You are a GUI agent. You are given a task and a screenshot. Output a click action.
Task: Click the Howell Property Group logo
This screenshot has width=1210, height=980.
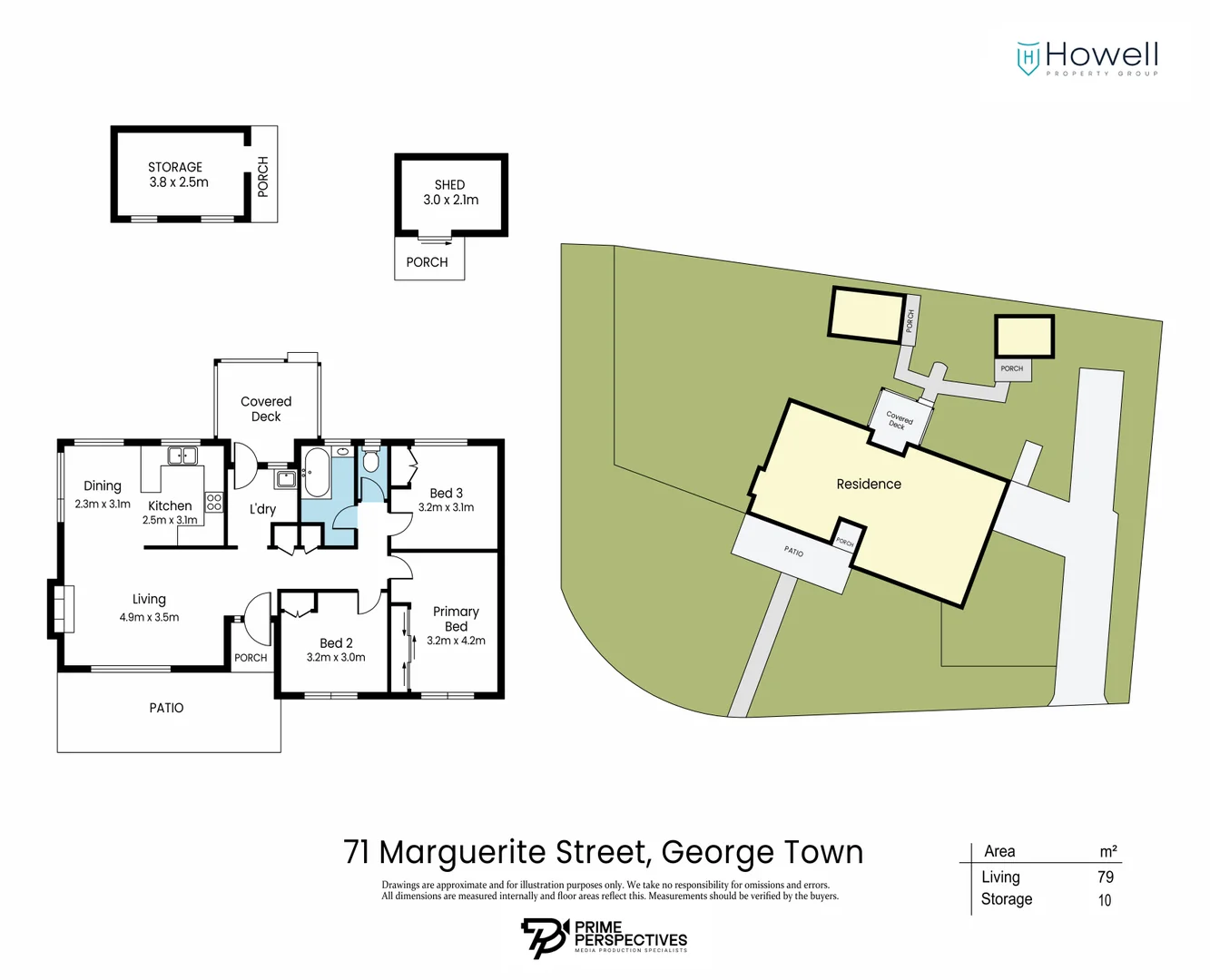tap(1087, 58)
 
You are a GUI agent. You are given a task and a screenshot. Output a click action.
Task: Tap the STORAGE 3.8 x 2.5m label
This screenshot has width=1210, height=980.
tap(178, 174)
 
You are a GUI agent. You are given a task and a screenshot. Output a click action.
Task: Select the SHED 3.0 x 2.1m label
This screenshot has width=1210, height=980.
tap(450, 192)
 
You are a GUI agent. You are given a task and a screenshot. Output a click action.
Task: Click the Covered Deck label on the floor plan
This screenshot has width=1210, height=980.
tap(266, 408)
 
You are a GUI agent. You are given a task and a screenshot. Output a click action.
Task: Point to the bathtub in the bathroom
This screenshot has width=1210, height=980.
tap(316, 472)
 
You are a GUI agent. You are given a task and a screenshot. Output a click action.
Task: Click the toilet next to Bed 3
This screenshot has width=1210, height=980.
tap(370, 462)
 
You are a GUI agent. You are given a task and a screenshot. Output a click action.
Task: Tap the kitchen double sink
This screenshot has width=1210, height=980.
tap(182, 456)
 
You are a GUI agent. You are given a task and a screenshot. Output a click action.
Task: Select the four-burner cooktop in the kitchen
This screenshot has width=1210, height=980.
tap(214, 502)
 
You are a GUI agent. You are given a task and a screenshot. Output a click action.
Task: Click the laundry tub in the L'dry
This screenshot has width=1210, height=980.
tap(286, 478)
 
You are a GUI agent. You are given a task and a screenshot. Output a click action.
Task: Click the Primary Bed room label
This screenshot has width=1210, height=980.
tap(456, 619)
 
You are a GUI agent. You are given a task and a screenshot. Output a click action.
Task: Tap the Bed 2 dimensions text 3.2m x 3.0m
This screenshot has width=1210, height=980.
tap(336, 657)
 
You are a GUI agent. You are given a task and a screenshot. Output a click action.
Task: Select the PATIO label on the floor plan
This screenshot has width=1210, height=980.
tap(166, 708)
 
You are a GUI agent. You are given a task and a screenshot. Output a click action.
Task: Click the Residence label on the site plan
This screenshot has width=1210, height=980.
tap(869, 484)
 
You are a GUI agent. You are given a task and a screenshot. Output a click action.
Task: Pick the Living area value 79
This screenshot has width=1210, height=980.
tap(1105, 877)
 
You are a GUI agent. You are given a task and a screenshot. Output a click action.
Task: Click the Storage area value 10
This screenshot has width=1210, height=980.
tap(1105, 900)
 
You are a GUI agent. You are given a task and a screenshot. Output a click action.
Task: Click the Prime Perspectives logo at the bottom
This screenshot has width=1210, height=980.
tap(604, 937)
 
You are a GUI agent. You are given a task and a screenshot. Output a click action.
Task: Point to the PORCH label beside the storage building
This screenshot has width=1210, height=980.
tap(263, 176)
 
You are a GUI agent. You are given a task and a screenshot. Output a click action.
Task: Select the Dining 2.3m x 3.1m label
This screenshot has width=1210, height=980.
tap(103, 494)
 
